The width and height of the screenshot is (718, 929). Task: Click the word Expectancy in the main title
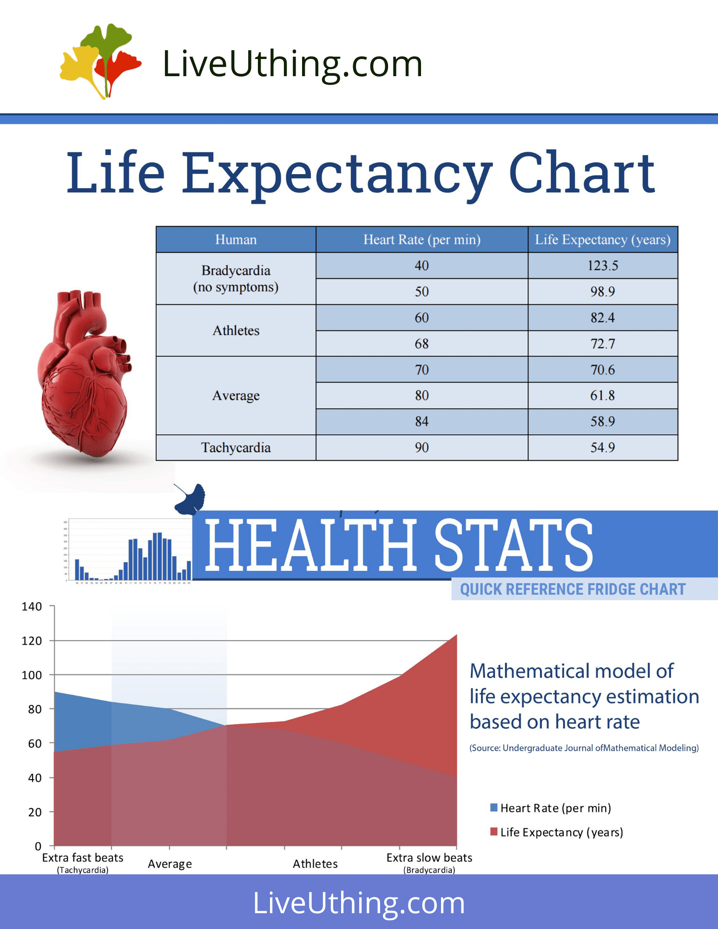(x=336, y=173)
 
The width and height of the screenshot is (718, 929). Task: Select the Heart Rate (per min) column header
(x=422, y=240)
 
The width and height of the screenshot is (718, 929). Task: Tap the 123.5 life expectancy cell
(x=602, y=266)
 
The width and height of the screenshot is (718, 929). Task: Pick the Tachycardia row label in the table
(x=236, y=448)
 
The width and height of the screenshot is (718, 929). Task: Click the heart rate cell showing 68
(x=422, y=344)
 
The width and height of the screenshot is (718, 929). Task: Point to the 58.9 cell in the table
(x=602, y=422)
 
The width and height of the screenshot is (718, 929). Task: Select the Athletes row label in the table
(x=236, y=331)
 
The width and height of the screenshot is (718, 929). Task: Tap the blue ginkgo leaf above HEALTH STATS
(x=191, y=499)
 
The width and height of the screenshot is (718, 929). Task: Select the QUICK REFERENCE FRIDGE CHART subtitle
(x=573, y=589)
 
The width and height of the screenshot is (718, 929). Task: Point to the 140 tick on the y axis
(x=32, y=607)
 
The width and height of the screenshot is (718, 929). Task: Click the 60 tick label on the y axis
(x=35, y=744)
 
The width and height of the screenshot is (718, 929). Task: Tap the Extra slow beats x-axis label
(x=429, y=858)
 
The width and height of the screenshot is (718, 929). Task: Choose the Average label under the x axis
(x=170, y=864)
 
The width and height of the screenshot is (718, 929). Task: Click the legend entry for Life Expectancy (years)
(x=561, y=832)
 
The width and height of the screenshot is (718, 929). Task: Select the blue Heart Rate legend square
(x=494, y=807)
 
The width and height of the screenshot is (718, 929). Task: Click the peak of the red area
(x=456, y=635)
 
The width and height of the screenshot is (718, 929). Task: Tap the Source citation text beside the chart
(x=584, y=748)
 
